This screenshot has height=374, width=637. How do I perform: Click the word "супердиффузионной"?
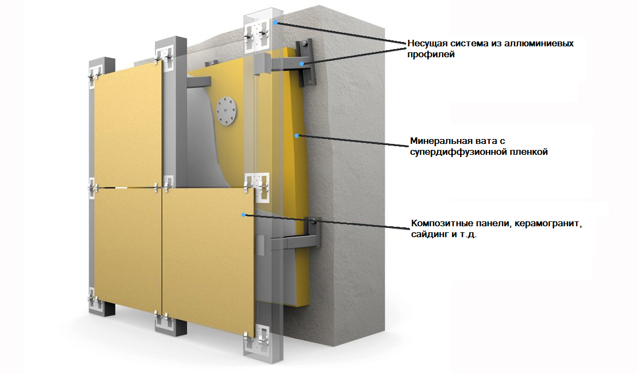[x=458, y=153]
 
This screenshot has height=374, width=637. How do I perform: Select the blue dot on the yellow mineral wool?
[x=297, y=135]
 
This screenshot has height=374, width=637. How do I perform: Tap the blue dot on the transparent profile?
[x=276, y=22]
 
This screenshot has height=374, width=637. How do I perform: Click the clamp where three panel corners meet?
[x=162, y=186]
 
